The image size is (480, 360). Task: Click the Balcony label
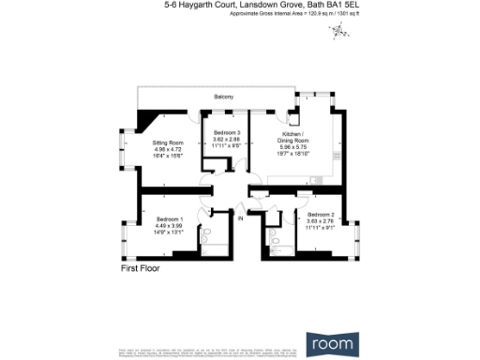tap(223, 97)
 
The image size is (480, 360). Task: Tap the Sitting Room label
tap(166, 142)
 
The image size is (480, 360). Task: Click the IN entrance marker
tap(240, 218)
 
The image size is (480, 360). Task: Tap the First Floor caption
tap(141, 269)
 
